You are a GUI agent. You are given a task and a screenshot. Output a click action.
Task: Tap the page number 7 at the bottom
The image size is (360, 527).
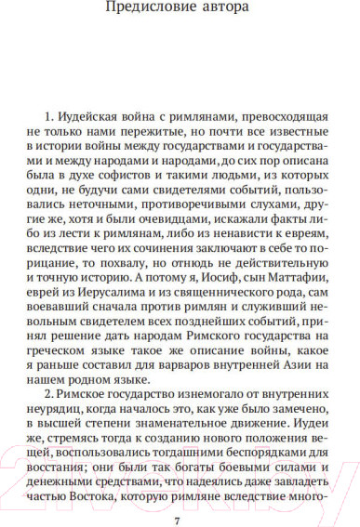pos(180,517)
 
